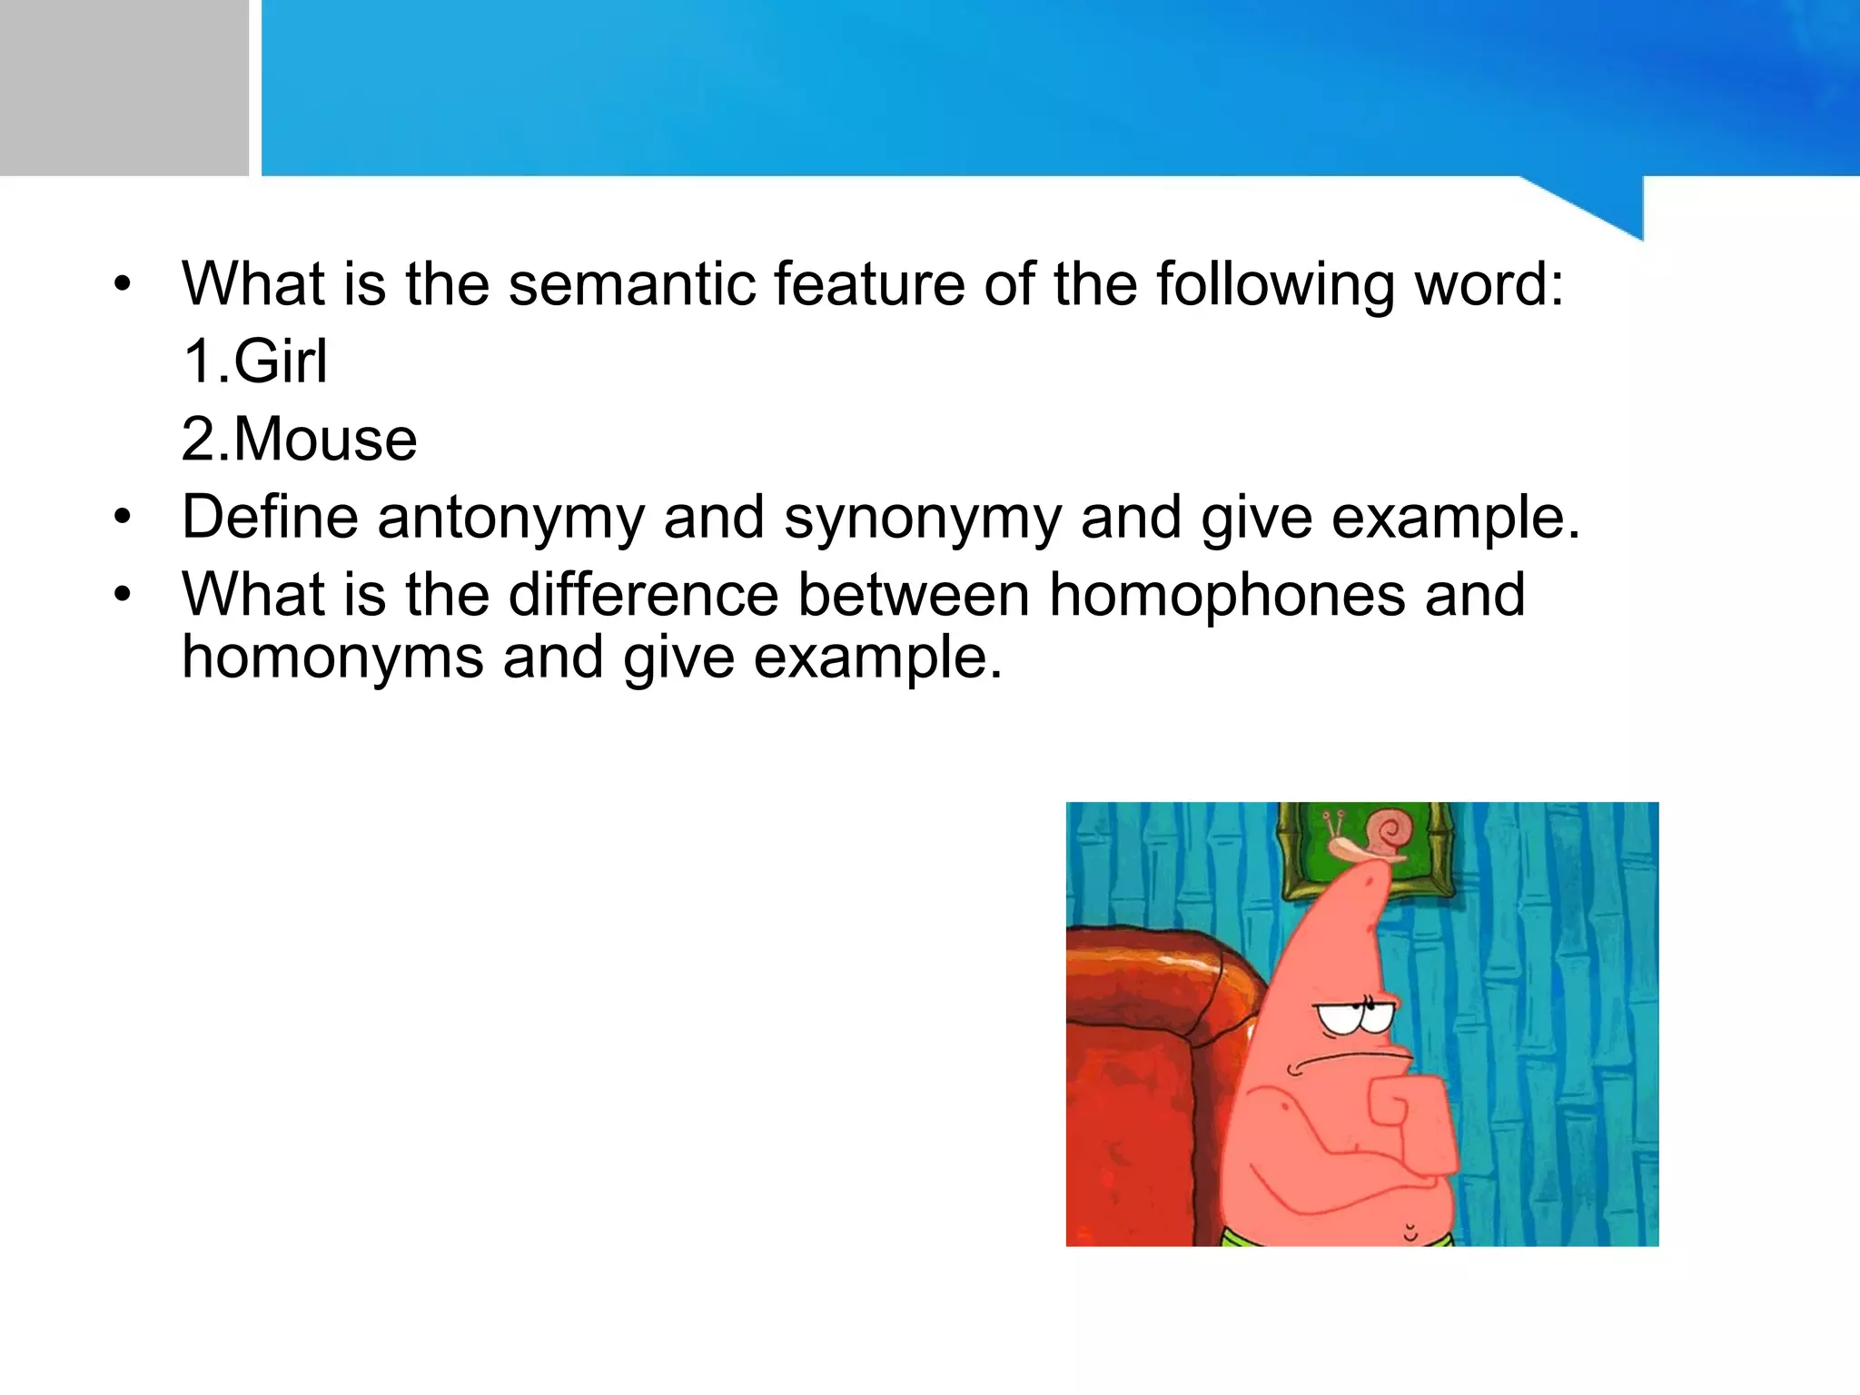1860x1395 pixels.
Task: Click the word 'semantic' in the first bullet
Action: coord(631,285)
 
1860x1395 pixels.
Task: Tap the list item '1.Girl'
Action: coord(254,362)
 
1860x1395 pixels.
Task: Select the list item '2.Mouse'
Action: coord(299,440)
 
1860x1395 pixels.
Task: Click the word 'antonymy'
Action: coord(510,519)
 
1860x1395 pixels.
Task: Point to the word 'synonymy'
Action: coord(922,519)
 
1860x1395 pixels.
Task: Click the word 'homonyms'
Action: coord(332,658)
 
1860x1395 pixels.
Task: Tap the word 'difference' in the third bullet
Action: coord(643,596)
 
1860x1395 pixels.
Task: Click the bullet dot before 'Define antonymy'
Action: coord(123,519)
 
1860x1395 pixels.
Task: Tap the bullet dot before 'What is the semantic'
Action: coord(123,285)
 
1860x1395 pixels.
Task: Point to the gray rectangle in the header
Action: coord(124,87)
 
